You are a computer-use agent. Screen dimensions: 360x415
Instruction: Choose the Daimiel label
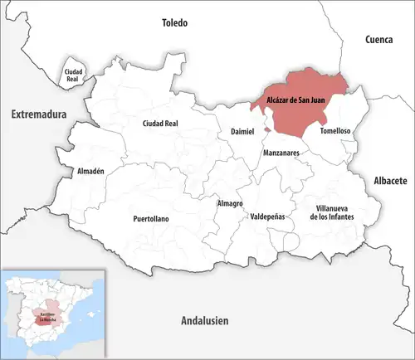coord(236,132)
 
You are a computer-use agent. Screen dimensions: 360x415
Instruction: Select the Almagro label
coord(229,203)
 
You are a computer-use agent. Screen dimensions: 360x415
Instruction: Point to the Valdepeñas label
coord(267,216)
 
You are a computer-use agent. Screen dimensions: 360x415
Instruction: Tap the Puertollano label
coord(152,219)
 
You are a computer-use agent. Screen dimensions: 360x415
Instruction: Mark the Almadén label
coord(90,171)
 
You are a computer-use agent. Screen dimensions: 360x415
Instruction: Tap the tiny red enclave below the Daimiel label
coord(266,130)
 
